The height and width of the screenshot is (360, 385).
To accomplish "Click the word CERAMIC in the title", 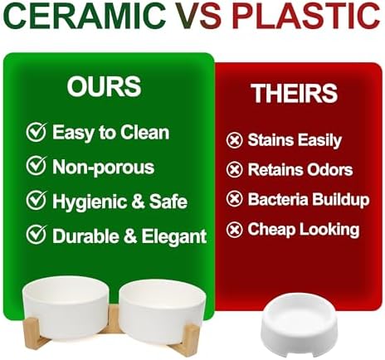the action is click(85, 16).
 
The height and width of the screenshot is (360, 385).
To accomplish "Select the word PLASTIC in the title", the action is click(306, 16).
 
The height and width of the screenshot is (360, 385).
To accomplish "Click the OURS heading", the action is click(105, 86).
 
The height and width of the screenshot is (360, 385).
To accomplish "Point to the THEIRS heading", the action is click(295, 93).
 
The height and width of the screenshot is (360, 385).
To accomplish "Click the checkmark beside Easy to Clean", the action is click(37, 132).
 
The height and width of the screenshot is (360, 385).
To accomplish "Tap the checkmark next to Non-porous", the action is click(37, 165).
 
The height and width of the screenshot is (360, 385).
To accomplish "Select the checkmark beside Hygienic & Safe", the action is click(37, 200).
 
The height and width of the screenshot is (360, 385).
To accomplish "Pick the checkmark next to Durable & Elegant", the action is click(37, 235).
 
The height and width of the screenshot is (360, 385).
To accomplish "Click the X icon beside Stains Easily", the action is click(235, 140).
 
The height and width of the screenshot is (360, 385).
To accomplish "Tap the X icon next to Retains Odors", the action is click(235, 169).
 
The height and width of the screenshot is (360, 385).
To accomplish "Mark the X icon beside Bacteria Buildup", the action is click(235, 198).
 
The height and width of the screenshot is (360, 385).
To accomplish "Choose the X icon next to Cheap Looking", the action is click(235, 230).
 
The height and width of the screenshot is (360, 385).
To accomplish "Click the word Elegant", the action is click(174, 237).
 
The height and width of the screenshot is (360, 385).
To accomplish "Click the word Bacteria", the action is click(278, 199).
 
